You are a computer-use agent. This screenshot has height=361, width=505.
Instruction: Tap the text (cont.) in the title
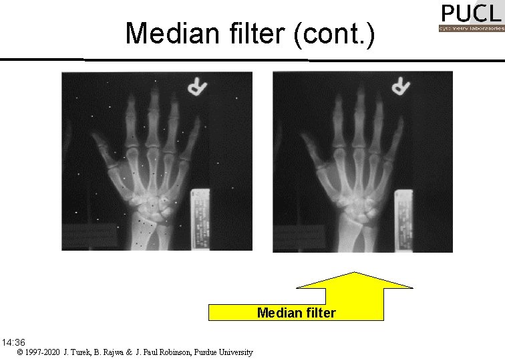pyautogui.click(x=334, y=34)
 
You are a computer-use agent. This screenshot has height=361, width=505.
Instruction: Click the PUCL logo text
pyautogui.click(x=470, y=13)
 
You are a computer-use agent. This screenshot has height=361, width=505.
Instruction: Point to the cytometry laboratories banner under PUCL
pyautogui.click(x=470, y=29)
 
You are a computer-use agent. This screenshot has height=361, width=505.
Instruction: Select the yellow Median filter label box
pyautogui.click(x=296, y=313)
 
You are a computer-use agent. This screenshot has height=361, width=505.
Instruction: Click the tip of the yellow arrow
pyautogui.click(x=354, y=273)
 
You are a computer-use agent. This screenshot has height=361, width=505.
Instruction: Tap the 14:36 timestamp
pyautogui.click(x=13, y=342)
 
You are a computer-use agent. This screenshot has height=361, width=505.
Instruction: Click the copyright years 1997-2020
pyautogui.click(x=43, y=352)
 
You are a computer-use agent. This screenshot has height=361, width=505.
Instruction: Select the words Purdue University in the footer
pyautogui.click(x=223, y=352)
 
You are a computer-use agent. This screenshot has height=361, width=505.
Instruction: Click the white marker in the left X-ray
pyautogui.click(x=196, y=87)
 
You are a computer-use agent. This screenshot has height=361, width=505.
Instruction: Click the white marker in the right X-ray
pyautogui.click(x=401, y=86)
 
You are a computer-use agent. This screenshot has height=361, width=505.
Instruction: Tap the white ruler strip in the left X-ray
pyautogui.click(x=199, y=217)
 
